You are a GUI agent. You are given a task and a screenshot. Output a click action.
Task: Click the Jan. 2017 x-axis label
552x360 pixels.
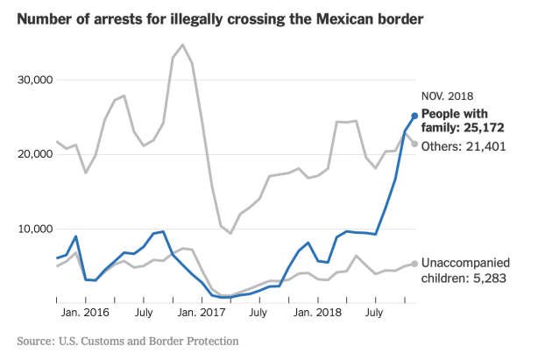click(201, 311)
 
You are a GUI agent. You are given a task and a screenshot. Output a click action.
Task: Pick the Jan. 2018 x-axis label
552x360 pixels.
click(317, 311)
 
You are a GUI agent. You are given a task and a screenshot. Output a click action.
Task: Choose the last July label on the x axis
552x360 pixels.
click(376, 311)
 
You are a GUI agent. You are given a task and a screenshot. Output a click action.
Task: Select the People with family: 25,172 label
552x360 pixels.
click(464, 120)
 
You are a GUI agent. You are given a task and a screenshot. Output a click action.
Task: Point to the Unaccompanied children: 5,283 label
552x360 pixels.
click(478, 271)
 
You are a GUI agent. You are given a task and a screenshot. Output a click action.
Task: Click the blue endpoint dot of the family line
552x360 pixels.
click(414, 116)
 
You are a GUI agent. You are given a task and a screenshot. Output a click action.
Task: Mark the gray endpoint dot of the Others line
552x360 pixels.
click(414, 144)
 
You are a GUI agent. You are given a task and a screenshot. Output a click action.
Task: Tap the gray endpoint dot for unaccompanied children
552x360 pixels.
click(414, 264)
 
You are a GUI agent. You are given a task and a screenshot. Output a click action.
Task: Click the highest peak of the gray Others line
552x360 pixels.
click(182, 45)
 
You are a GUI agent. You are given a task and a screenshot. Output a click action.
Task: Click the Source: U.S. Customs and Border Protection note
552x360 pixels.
click(128, 340)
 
